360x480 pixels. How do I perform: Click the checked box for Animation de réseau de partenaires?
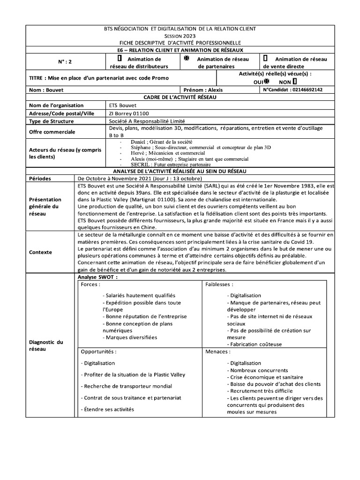pyautogui.click(x=186, y=59)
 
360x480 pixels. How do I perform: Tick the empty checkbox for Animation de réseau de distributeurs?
pyautogui.click(x=120, y=59)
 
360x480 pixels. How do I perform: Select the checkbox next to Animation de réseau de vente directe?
pyautogui.click(x=266, y=59)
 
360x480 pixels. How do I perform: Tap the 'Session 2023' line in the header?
pyautogui.click(x=180, y=36)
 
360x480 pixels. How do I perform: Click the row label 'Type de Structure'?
pyautogui.click(x=49, y=121)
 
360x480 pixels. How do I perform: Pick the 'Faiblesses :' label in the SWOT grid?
pyautogui.click(x=219, y=285)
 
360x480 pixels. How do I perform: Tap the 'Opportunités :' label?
pyautogui.click(x=98, y=351)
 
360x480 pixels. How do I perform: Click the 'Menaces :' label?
pyautogui.click(x=217, y=351)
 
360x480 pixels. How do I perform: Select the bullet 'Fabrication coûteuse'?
pyautogui.click(x=255, y=344)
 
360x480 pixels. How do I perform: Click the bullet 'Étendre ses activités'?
pyautogui.click(x=107, y=409)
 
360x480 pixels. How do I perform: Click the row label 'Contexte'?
pyautogui.click(x=40, y=252)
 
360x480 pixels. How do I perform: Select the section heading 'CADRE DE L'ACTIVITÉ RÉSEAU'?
pyautogui.click(x=180, y=97)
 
